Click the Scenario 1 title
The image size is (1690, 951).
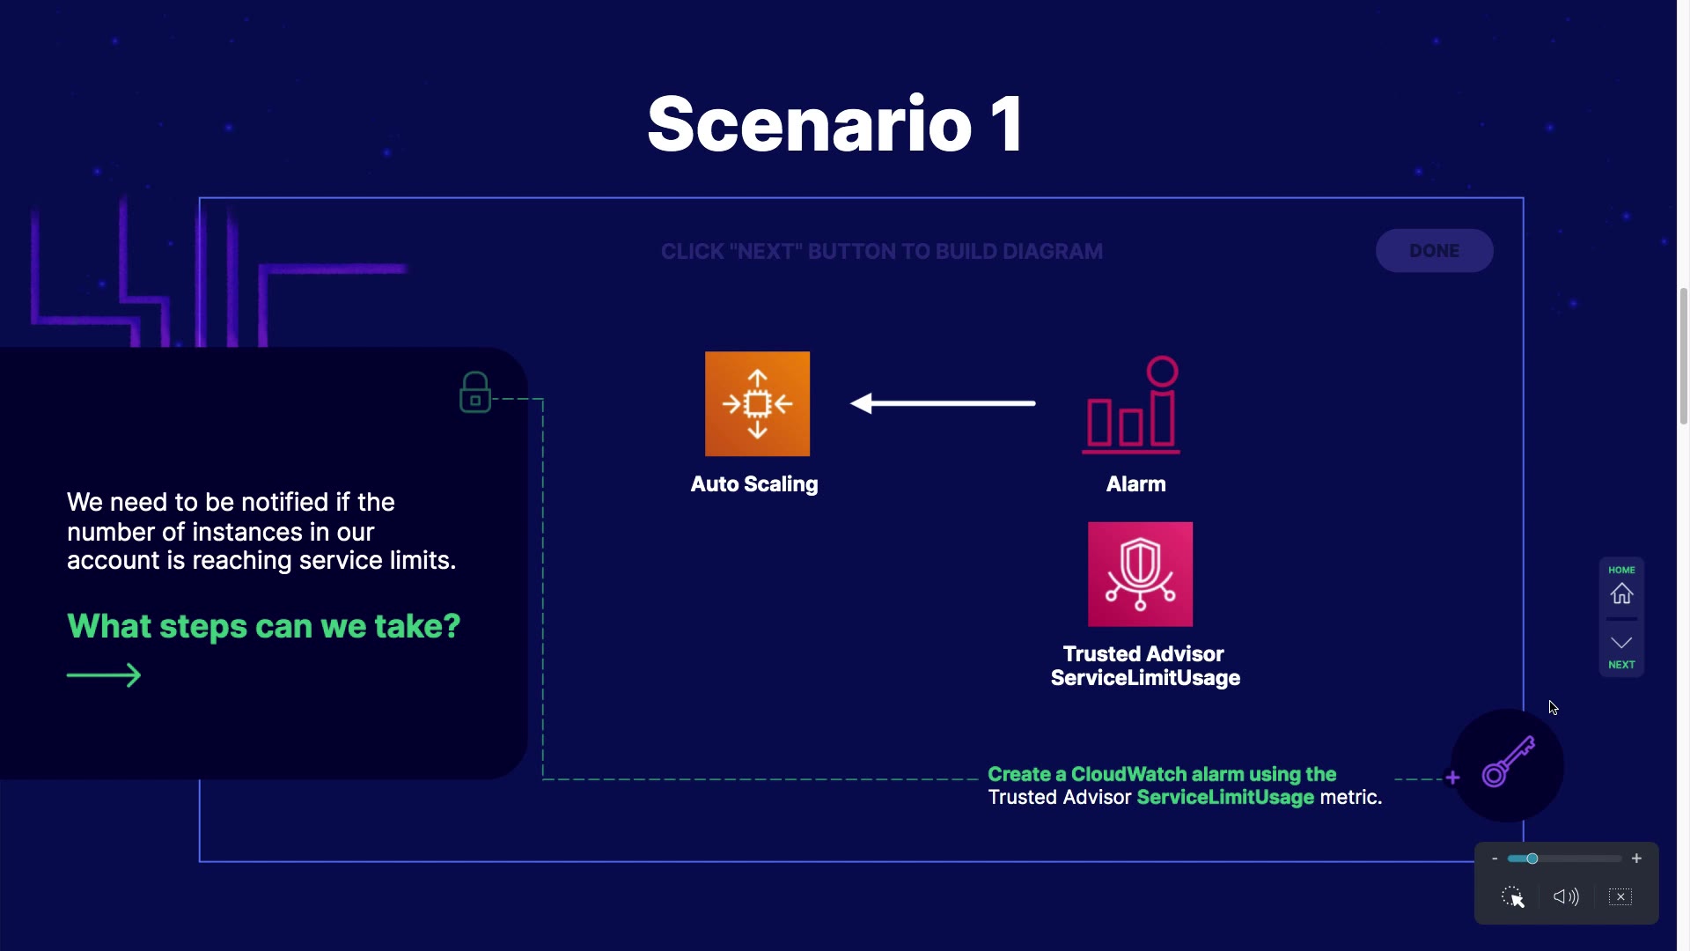(x=835, y=124)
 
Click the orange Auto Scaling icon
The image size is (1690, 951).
(x=757, y=404)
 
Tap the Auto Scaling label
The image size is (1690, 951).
(x=754, y=484)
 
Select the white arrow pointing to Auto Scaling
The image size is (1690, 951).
(x=942, y=403)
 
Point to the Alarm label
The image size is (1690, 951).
(x=1135, y=484)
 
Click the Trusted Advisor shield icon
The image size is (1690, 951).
(x=1140, y=574)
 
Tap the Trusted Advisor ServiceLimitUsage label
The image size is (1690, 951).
(x=1144, y=666)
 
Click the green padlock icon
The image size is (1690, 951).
(x=475, y=393)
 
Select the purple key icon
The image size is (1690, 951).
(x=1508, y=763)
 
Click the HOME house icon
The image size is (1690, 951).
(x=1621, y=594)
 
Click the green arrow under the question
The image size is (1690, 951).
(x=104, y=675)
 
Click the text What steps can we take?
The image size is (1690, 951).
(x=263, y=626)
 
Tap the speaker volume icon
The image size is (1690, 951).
(x=1566, y=897)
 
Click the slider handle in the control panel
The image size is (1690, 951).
(x=1532, y=859)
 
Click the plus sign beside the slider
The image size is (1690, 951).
(x=1636, y=859)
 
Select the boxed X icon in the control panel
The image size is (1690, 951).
(x=1620, y=897)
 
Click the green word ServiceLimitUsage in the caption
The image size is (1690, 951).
(x=1225, y=798)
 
